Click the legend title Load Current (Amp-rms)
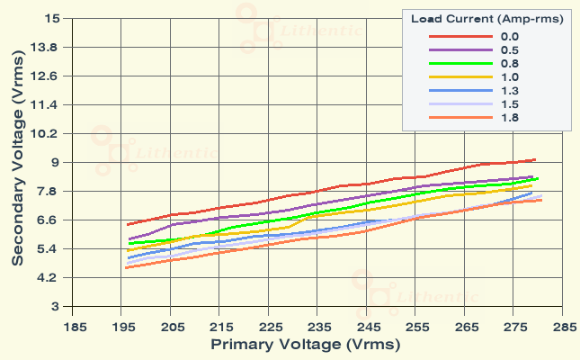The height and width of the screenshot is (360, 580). point(486,18)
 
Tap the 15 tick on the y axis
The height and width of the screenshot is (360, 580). point(51,18)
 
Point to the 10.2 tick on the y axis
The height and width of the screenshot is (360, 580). point(46,133)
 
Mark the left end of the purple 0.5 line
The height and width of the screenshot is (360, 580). point(129,239)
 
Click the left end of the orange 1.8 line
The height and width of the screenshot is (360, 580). point(126,268)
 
